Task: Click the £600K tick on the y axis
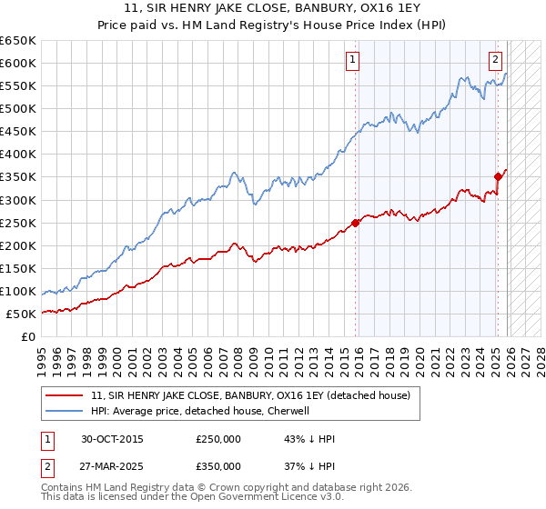tap(18, 63)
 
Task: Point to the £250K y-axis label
tap(18, 223)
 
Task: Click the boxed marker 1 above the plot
tap(352, 61)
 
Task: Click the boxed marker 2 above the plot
tap(495, 61)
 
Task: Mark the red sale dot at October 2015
tap(356, 223)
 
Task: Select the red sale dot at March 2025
tap(499, 176)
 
